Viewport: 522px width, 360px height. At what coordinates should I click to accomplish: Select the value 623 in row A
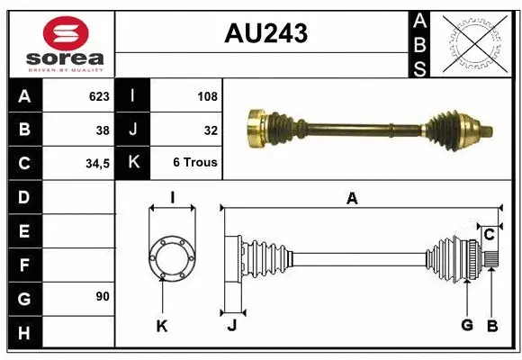pos(99,95)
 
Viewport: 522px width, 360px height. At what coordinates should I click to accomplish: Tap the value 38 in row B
pos(103,130)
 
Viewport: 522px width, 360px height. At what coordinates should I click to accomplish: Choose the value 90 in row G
pos(103,296)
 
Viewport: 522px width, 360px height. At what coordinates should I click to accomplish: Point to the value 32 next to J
pos(211,130)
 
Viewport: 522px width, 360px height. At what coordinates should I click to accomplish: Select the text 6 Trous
pos(195,163)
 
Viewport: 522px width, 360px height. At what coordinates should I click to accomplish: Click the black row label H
pos(24,333)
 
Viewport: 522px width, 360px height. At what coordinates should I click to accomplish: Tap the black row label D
pos(24,197)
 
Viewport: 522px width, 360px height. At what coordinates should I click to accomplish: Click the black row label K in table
pos(133,163)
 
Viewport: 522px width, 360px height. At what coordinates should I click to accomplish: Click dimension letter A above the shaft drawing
pos(352,199)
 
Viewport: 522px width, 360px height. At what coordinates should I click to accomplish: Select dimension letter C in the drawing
pos(490,235)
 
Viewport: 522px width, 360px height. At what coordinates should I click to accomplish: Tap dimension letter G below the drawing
pos(467,325)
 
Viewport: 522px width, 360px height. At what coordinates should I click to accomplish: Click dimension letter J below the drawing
pos(231,326)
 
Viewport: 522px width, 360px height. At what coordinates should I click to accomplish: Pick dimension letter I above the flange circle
pos(172,198)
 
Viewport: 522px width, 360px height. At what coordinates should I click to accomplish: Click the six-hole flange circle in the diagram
pos(171,256)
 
